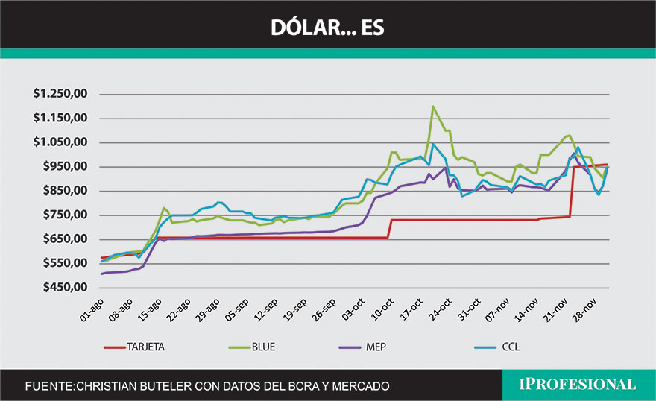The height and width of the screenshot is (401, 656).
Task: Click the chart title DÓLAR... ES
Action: coord(328,28)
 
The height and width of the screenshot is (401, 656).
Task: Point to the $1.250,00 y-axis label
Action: coord(61,94)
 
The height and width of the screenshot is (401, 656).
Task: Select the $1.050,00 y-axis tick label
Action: coord(61,142)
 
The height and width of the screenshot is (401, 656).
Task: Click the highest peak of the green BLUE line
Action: coord(432,107)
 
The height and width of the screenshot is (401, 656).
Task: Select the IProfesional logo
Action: coord(578,385)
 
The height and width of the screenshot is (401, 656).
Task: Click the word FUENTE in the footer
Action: coord(48,386)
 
